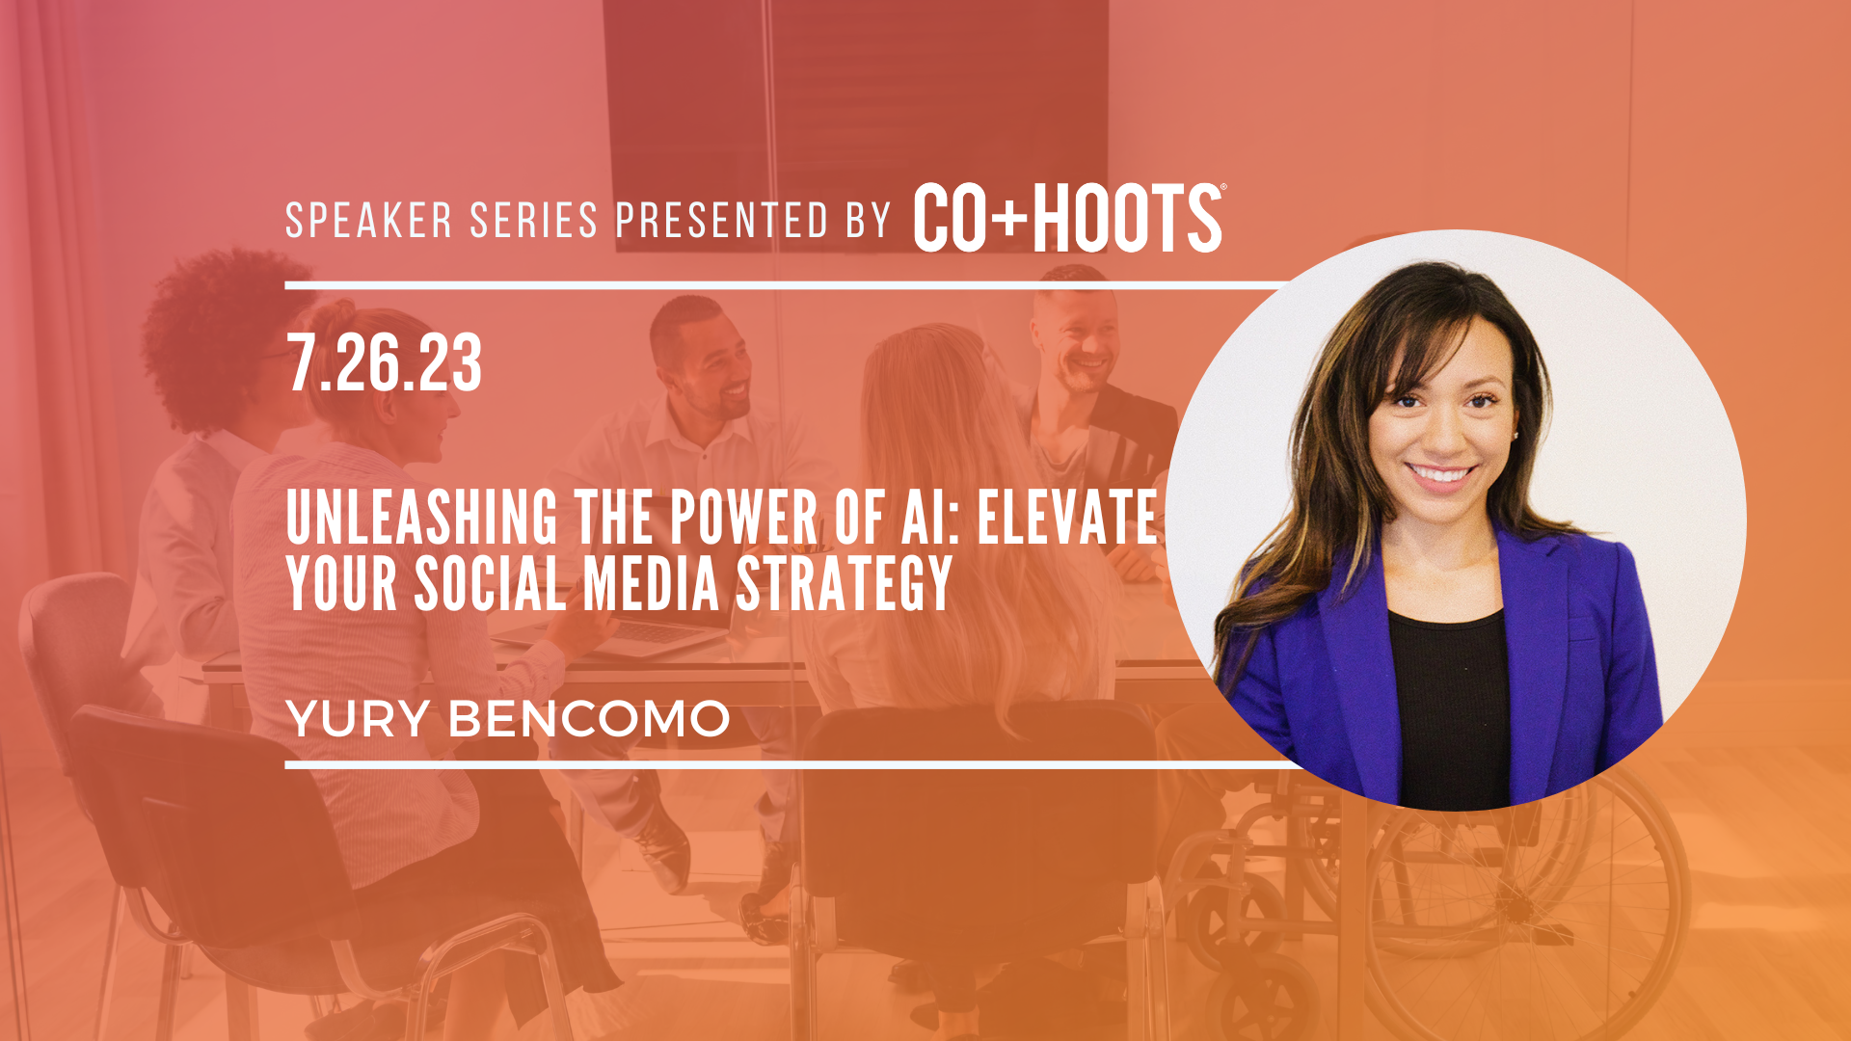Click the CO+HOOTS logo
1069,218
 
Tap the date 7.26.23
384,363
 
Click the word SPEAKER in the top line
369,221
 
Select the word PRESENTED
722,221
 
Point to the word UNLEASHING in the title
422,518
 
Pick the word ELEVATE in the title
1067,518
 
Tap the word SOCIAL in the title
490,583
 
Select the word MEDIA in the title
652,583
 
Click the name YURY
358,719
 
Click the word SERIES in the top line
534,221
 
